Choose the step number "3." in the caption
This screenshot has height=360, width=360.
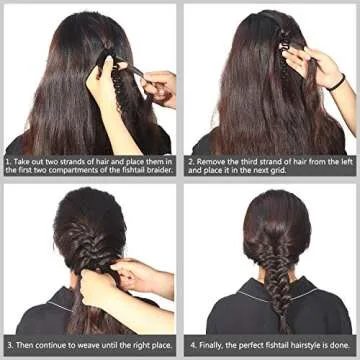coord(8,341)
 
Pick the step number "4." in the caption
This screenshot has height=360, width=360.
coord(192,341)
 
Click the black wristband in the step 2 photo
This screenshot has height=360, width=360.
coord(338,80)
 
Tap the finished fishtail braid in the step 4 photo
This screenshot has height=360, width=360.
coord(269,275)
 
